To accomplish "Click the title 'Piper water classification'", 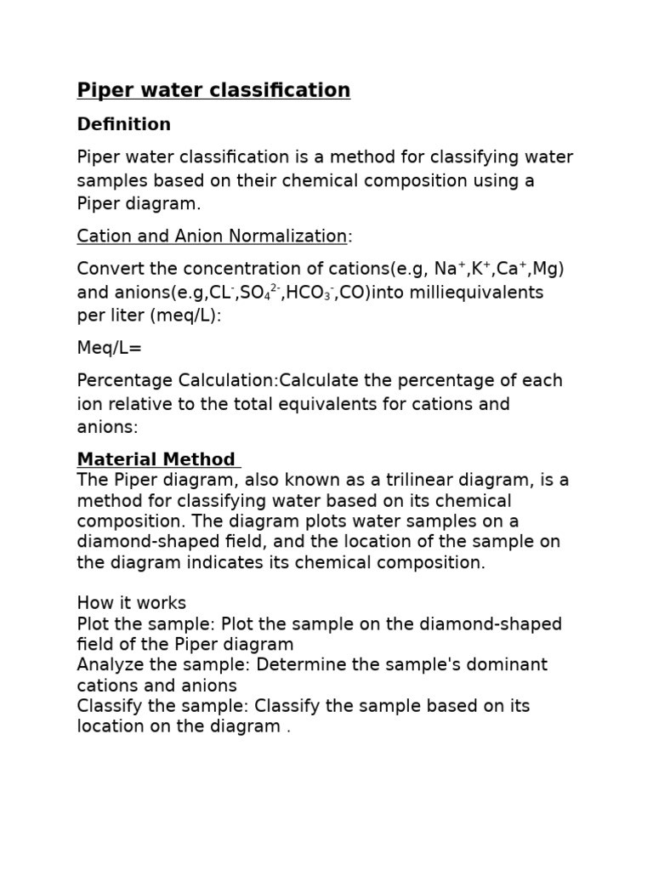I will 213,90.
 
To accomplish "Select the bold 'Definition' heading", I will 123,124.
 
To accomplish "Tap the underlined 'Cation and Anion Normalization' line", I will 212,236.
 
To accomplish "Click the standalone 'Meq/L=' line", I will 110,349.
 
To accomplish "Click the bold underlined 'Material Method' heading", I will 156,459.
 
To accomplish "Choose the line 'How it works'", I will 131,603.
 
